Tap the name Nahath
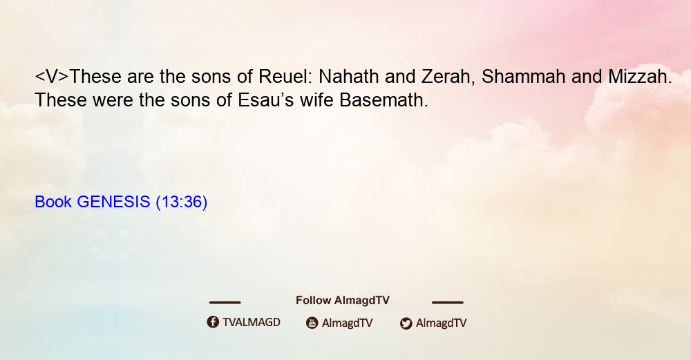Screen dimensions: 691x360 (x=348, y=77)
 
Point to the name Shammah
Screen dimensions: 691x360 (x=523, y=77)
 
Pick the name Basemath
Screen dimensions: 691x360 (x=383, y=100)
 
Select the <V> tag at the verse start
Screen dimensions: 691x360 (x=52, y=77)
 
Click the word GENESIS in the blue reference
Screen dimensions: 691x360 (x=114, y=202)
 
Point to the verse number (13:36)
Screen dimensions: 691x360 (x=182, y=202)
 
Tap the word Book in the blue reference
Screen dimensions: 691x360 (x=53, y=202)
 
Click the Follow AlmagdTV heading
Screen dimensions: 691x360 (x=343, y=301)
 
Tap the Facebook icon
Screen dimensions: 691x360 (x=213, y=322)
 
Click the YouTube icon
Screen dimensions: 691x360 (x=312, y=323)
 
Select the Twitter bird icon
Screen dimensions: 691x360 (x=406, y=323)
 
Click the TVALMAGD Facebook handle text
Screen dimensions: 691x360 (x=252, y=323)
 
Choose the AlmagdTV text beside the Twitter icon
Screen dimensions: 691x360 (x=441, y=323)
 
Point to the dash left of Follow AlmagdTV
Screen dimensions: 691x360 (x=225, y=303)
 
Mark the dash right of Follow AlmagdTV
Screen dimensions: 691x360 (x=447, y=303)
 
